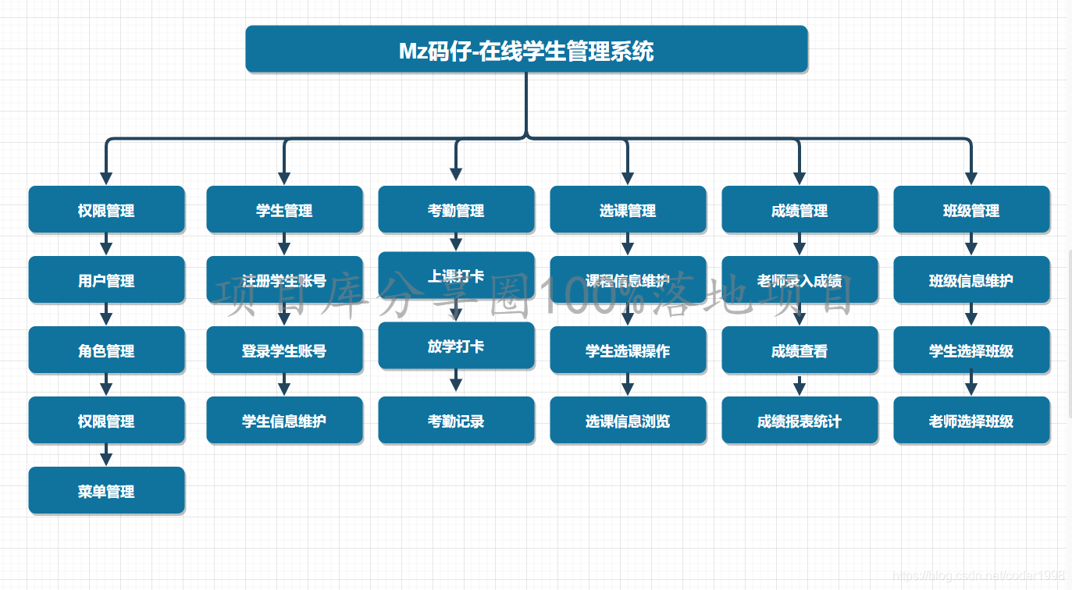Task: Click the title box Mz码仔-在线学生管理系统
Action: [x=526, y=50]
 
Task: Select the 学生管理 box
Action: [x=284, y=210]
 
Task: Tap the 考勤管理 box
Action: [x=456, y=210]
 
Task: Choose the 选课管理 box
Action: [x=628, y=210]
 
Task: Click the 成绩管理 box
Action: [x=800, y=210]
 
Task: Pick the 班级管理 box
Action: [x=971, y=210]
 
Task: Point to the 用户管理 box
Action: [x=106, y=280]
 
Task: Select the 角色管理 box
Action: [x=106, y=350]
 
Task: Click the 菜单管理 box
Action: [x=106, y=491]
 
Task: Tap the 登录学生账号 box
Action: [x=284, y=350]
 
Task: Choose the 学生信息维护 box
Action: [x=284, y=421]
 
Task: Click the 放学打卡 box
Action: [x=456, y=346]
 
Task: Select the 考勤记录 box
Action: [x=456, y=421]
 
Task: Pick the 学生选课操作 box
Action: [x=628, y=350]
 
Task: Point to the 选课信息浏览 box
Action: [x=628, y=421]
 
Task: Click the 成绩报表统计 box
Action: [x=800, y=421]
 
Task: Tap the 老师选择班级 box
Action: [x=971, y=421]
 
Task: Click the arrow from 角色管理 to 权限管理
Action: [x=106, y=385]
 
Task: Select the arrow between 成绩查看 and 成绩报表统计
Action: [x=800, y=386]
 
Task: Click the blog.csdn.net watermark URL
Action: [x=979, y=576]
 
